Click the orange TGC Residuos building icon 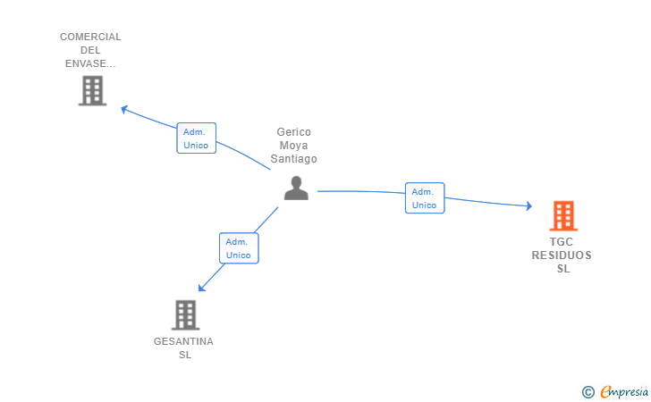(x=562, y=215)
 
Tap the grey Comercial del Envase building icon (x=92, y=90)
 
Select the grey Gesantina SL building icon (x=184, y=314)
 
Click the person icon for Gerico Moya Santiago (x=296, y=188)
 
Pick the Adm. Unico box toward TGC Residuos (x=424, y=198)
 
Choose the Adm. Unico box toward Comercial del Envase (x=196, y=138)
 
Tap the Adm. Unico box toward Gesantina (x=238, y=248)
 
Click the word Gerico (x=294, y=132)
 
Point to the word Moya (x=294, y=146)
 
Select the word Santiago (x=294, y=159)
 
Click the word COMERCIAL (x=90, y=37)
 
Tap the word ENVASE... (x=90, y=63)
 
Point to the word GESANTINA (x=183, y=341)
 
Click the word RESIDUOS (x=562, y=255)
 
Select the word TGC (x=562, y=242)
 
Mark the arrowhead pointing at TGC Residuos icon (x=528, y=206)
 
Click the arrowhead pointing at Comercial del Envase (x=125, y=109)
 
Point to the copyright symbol (x=588, y=391)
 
